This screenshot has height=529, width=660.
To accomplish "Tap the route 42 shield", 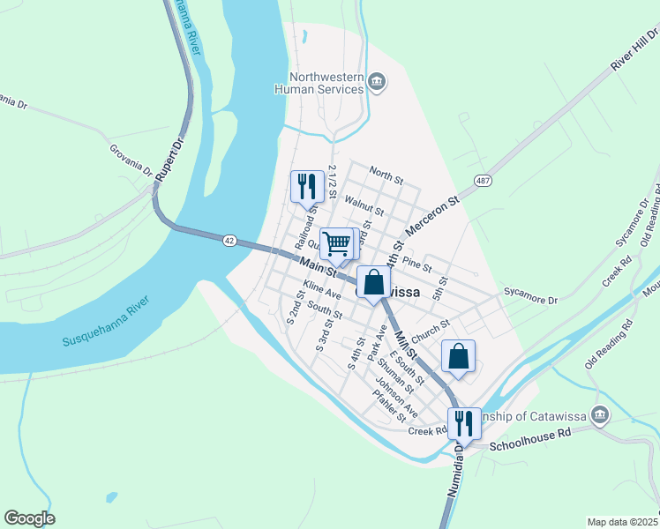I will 229,240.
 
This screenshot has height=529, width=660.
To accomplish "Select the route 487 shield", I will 483,181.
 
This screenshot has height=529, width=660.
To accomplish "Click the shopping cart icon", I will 336,243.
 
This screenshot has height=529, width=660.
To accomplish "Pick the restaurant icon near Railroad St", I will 306,186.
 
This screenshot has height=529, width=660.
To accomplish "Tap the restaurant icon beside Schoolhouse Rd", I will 463,423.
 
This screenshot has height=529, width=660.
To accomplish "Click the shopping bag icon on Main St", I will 373,283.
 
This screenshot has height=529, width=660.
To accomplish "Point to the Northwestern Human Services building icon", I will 377,83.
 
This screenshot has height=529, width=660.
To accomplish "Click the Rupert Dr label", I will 168,159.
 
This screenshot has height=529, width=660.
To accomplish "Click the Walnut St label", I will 364,206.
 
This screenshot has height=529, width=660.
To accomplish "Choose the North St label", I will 386,172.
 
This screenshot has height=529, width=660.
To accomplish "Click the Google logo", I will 29,518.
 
